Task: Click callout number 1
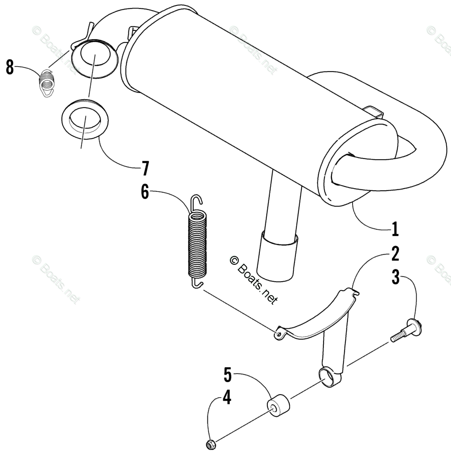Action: click(x=395, y=229)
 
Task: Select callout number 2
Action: click(x=395, y=255)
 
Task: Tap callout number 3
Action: click(x=396, y=278)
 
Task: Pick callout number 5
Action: click(x=227, y=375)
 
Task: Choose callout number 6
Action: click(x=145, y=193)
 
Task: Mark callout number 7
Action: click(x=145, y=168)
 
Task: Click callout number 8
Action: click(x=10, y=68)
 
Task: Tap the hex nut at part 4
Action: click(x=210, y=443)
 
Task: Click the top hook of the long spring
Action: click(x=197, y=202)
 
